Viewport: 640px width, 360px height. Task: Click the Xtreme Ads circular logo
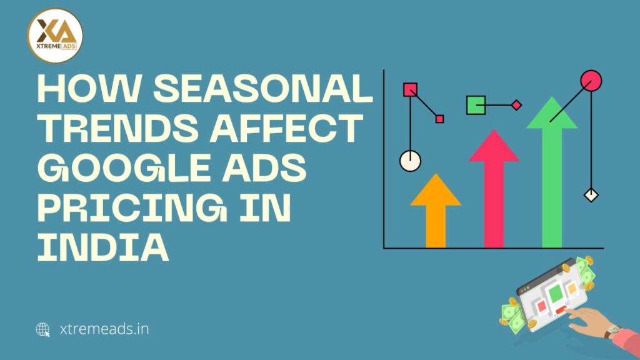[56, 36]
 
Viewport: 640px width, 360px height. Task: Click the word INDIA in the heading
[103, 248]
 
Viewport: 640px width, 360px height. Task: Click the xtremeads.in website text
[102, 329]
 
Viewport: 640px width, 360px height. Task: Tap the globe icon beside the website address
[43, 329]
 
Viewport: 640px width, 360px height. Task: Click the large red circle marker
[591, 80]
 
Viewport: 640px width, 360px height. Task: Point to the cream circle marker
[410, 161]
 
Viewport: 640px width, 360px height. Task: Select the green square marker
[476, 105]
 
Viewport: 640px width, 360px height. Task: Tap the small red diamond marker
[516, 105]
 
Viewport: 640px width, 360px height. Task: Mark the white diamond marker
[591, 195]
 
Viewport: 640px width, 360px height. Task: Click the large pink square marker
[410, 89]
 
